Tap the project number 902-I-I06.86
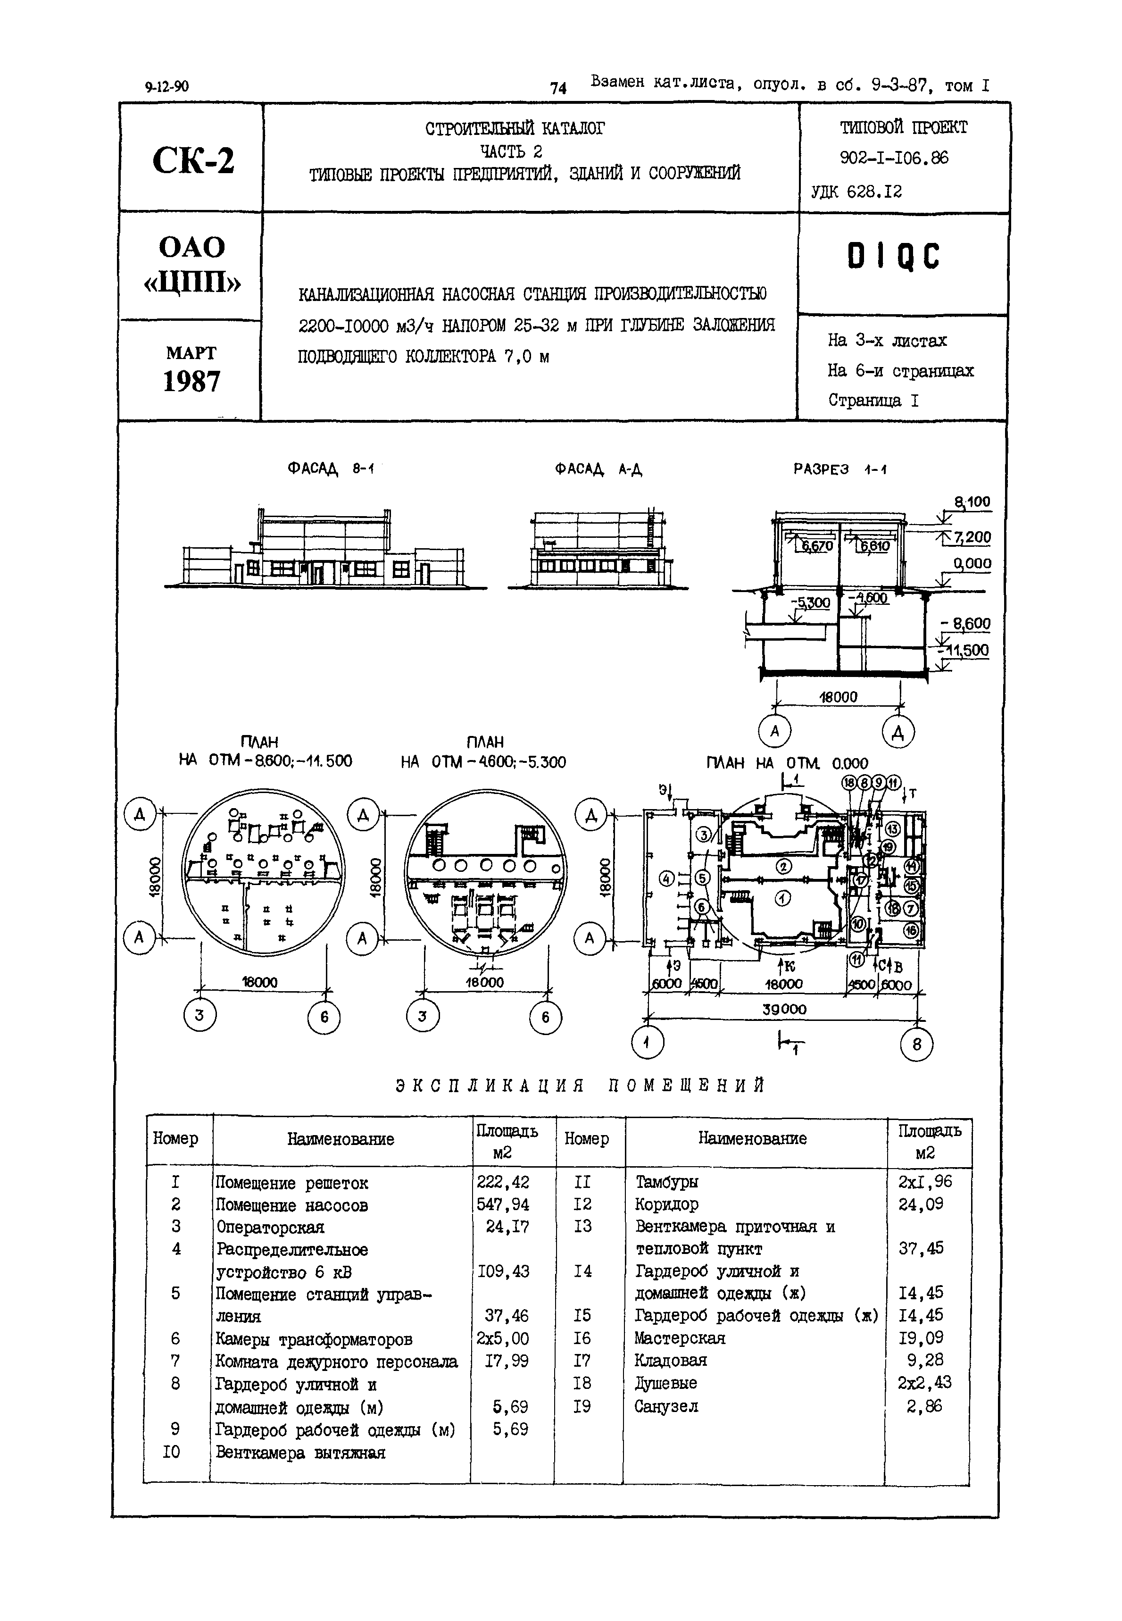[894, 158]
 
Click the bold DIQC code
[893, 258]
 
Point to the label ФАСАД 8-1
[331, 468]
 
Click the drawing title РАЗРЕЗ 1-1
[839, 469]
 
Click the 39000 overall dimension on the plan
[785, 1009]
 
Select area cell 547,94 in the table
[503, 1205]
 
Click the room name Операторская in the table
[269, 1227]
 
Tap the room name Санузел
[666, 1406]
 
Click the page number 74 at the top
[558, 88]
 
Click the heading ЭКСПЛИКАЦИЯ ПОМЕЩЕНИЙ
[580, 1086]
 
